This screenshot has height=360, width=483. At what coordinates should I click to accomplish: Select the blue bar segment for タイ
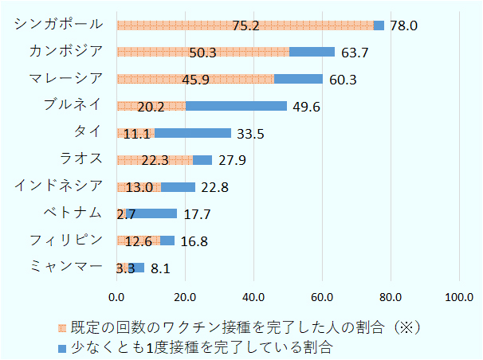(x=192, y=133)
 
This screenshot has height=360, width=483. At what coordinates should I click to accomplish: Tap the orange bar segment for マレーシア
(x=195, y=79)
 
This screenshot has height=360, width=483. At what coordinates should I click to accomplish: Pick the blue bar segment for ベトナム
(x=151, y=213)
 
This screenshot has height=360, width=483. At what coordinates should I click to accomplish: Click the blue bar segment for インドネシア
(x=178, y=187)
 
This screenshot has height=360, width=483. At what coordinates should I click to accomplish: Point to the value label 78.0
(x=403, y=26)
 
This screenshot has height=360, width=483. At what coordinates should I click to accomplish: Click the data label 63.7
(x=354, y=53)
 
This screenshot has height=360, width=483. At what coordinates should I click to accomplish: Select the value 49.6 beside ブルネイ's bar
(x=305, y=107)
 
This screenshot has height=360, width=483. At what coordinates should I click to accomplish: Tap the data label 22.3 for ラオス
(x=155, y=161)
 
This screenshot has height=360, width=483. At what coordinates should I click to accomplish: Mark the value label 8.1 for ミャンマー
(x=160, y=268)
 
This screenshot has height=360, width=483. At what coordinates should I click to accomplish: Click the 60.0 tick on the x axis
(x=323, y=298)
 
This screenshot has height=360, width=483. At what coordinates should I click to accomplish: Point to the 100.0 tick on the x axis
(x=458, y=298)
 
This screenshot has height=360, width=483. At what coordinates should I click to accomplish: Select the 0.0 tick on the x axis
(x=116, y=298)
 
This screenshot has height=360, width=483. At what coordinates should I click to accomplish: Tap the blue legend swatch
(x=61, y=348)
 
